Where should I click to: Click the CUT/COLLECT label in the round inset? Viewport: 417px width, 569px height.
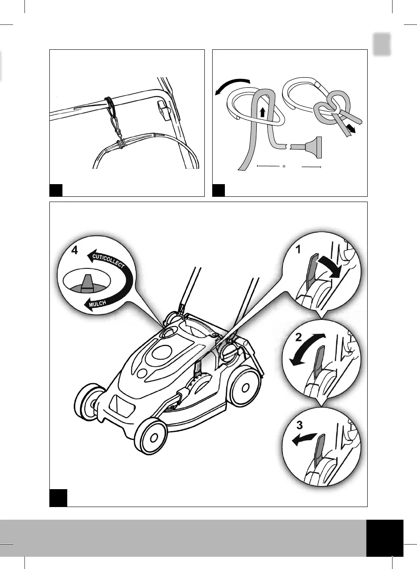point(108,261)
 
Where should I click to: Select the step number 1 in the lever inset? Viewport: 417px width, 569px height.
point(299,250)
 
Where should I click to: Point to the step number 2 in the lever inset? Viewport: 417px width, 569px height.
point(299,337)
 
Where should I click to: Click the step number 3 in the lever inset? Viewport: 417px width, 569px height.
point(299,425)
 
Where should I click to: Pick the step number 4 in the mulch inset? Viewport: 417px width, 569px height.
point(75,250)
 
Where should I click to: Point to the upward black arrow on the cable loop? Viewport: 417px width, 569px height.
point(262,112)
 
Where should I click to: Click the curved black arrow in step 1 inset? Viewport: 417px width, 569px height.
point(329,267)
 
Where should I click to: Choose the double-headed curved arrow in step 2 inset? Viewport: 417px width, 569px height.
point(307,349)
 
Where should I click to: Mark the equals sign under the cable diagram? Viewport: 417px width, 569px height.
point(283,167)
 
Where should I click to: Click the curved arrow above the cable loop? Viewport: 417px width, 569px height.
point(231,84)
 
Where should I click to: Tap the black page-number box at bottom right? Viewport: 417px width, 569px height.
point(385,538)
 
